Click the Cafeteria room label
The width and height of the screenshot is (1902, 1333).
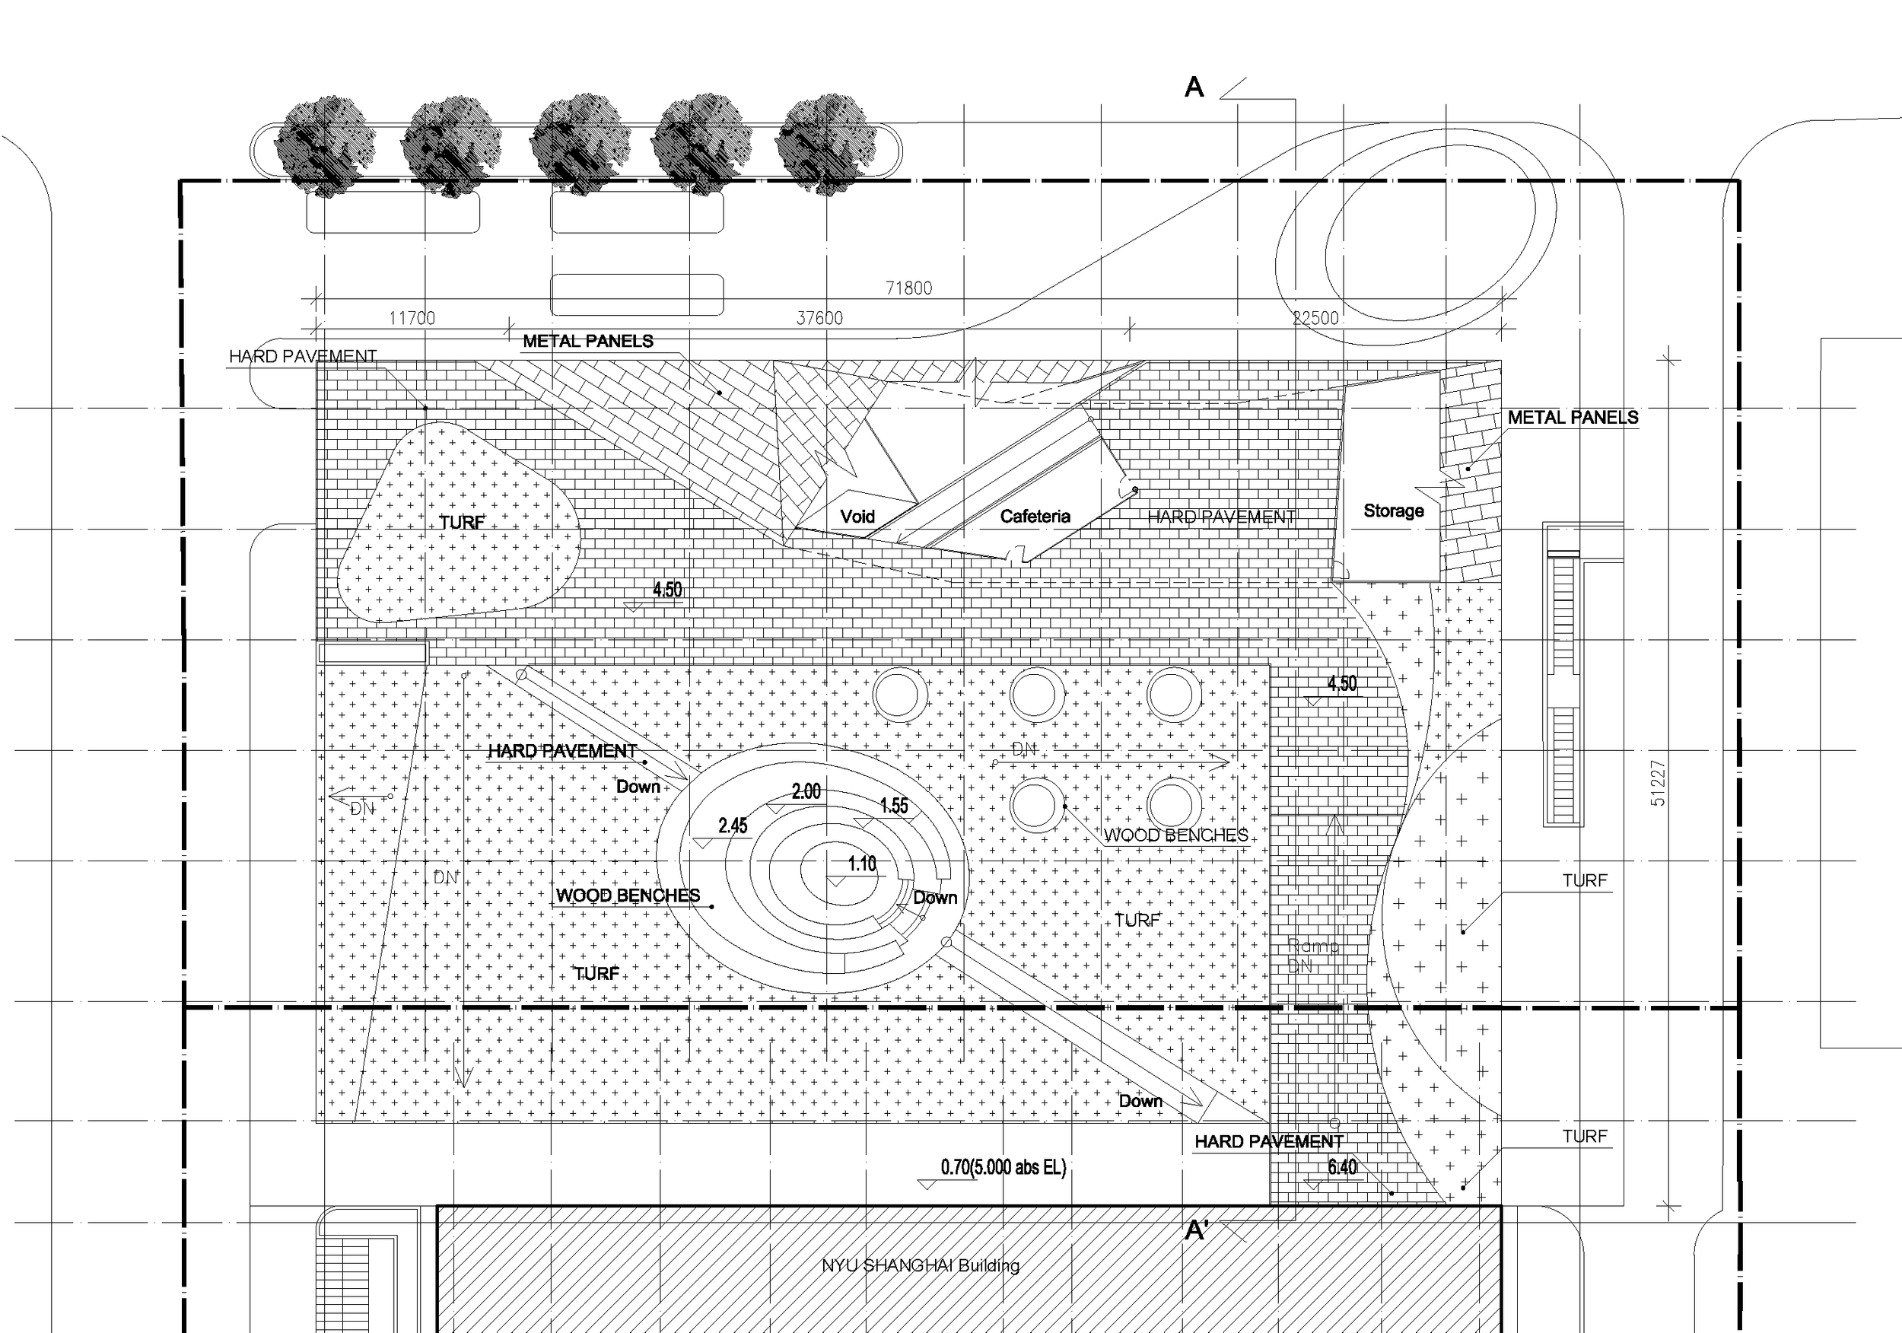point(1035,516)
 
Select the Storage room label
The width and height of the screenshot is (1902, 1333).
point(1393,511)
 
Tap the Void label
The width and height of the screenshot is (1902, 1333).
point(857,516)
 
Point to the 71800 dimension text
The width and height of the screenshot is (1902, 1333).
point(908,288)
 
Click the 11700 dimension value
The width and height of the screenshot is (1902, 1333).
point(412,318)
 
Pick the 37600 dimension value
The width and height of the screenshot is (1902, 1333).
point(819,318)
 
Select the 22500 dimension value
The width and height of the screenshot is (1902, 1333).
point(1315,318)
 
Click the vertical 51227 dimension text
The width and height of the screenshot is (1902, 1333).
point(1657,783)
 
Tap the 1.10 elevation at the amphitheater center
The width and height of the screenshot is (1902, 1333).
point(861,864)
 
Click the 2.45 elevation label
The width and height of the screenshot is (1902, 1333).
point(733,826)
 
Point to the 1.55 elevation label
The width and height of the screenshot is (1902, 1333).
point(893,805)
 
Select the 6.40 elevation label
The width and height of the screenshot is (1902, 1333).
point(1342,1167)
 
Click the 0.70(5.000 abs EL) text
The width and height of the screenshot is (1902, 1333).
point(1003,1167)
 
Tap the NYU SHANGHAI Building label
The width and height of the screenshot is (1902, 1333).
point(921,1265)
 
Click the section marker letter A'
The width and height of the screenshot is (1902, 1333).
point(1196,1230)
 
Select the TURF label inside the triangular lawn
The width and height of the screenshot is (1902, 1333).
point(461,523)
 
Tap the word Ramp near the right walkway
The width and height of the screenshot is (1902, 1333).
point(1313,945)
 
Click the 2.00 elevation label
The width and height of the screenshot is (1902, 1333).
point(805,791)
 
